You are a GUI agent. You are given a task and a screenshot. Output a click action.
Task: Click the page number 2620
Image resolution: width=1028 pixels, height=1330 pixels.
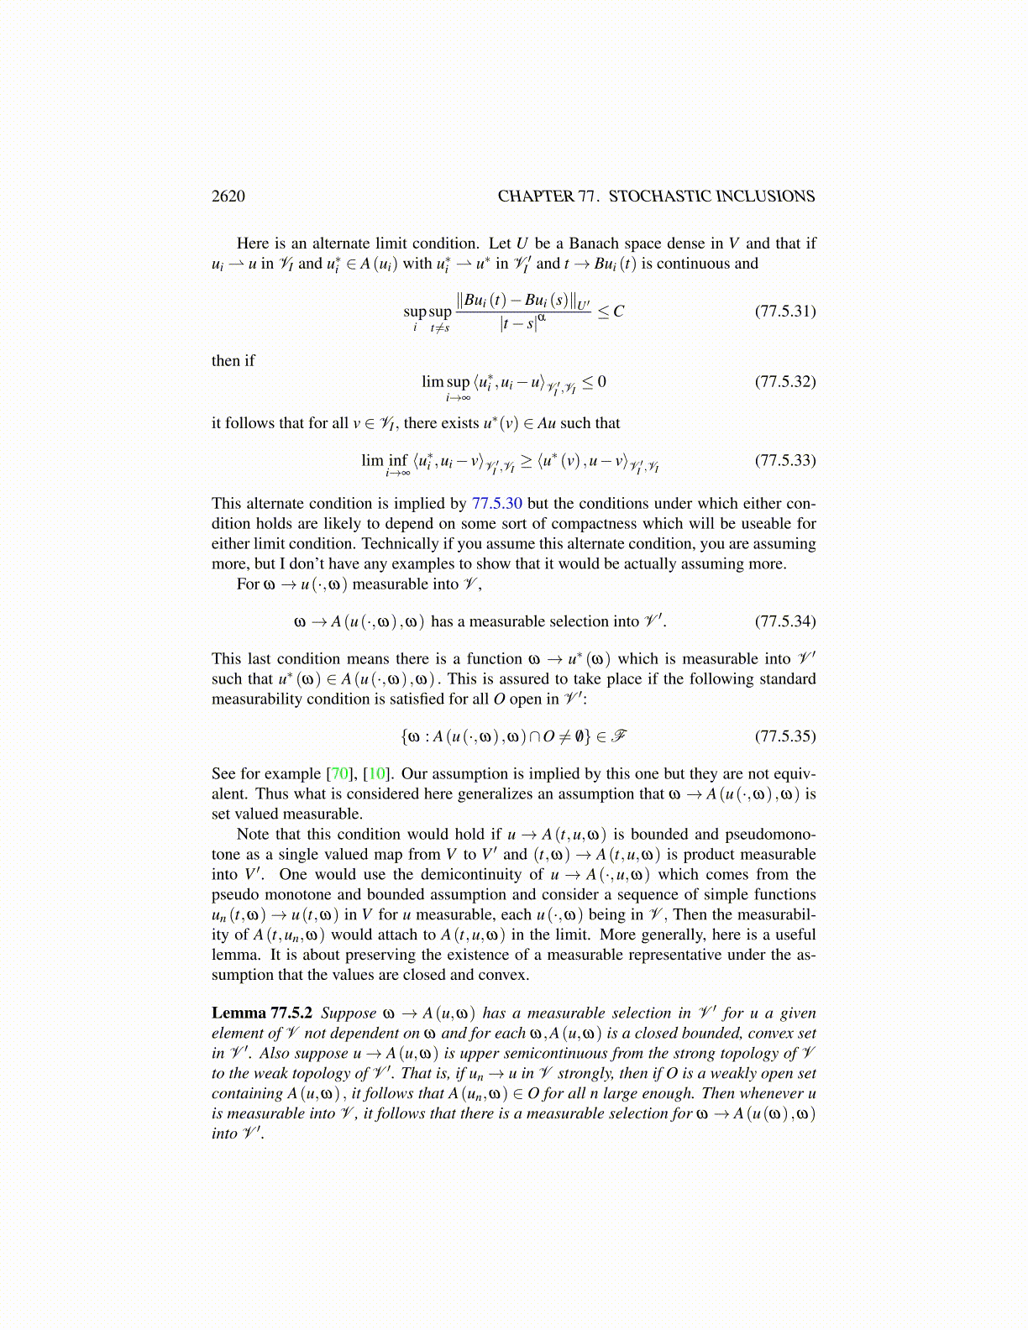(x=228, y=196)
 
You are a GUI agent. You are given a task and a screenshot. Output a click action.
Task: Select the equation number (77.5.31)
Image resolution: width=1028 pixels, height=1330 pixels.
(x=785, y=311)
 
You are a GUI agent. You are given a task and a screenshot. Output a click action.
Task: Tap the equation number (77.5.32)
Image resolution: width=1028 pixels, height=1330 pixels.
(x=785, y=381)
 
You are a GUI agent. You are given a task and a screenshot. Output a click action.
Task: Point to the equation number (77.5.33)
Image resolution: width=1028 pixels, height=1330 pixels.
(x=785, y=460)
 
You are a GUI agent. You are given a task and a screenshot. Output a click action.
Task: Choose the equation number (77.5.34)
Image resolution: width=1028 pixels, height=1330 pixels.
(x=785, y=621)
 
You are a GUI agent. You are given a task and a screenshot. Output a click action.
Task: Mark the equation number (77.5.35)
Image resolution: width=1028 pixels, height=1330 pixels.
(x=785, y=736)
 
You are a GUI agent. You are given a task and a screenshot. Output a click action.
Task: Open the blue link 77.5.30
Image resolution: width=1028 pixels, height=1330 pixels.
(x=497, y=504)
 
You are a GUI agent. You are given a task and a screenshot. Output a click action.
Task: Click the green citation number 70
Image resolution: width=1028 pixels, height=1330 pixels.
(x=339, y=774)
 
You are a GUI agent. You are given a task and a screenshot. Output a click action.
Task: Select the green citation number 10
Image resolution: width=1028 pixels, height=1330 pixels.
(x=375, y=774)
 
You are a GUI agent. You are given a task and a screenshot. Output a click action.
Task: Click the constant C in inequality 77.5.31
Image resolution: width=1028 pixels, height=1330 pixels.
(x=619, y=312)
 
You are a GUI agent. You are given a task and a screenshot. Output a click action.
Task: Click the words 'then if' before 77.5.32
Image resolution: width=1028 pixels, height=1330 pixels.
(x=233, y=361)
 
